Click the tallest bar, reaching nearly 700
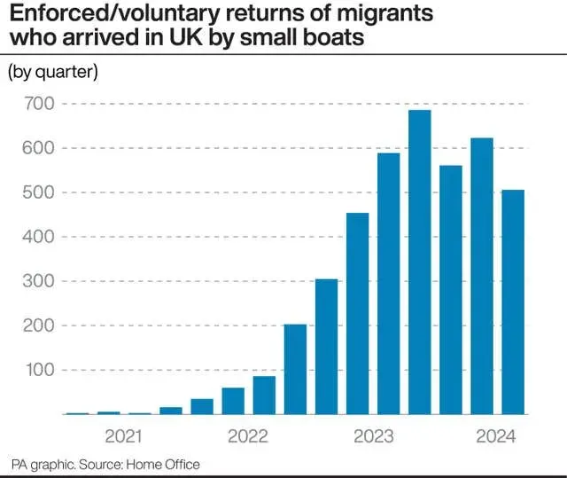tap(419, 263)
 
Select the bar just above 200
tap(295, 369)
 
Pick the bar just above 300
tap(326, 347)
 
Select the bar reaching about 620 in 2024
tap(482, 276)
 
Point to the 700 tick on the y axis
tap(39, 104)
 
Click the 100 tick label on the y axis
tap(39, 370)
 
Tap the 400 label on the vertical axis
tap(39, 237)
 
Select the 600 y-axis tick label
tap(39, 148)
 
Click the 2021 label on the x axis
tap(123, 435)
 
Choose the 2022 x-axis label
tap(248, 435)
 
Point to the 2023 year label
tap(373, 435)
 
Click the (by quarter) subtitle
tap(52, 73)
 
